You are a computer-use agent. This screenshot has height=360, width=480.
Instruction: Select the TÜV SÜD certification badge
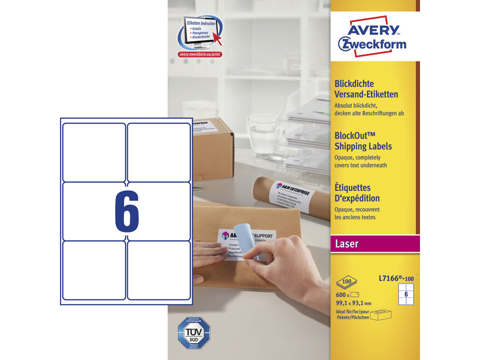tap(194, 332)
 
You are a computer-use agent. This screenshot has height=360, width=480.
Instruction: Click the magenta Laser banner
tap(375, 244)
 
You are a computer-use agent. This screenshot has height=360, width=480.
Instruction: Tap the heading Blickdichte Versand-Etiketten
tap(366, 89)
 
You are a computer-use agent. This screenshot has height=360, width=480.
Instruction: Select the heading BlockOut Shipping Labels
tap(363, 141)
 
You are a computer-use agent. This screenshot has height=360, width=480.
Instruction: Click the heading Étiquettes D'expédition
tap(357, 193)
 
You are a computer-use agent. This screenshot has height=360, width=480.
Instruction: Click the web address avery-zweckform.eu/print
tap(200, 54)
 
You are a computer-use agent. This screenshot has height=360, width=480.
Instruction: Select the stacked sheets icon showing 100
tap(346, 283)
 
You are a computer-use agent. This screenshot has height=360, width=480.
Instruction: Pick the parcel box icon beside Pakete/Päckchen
tap(381, 315)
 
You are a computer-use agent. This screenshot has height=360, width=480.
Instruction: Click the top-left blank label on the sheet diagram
tap(94, 152)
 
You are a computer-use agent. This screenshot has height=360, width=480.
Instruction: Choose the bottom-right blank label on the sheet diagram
tap(159, 270)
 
